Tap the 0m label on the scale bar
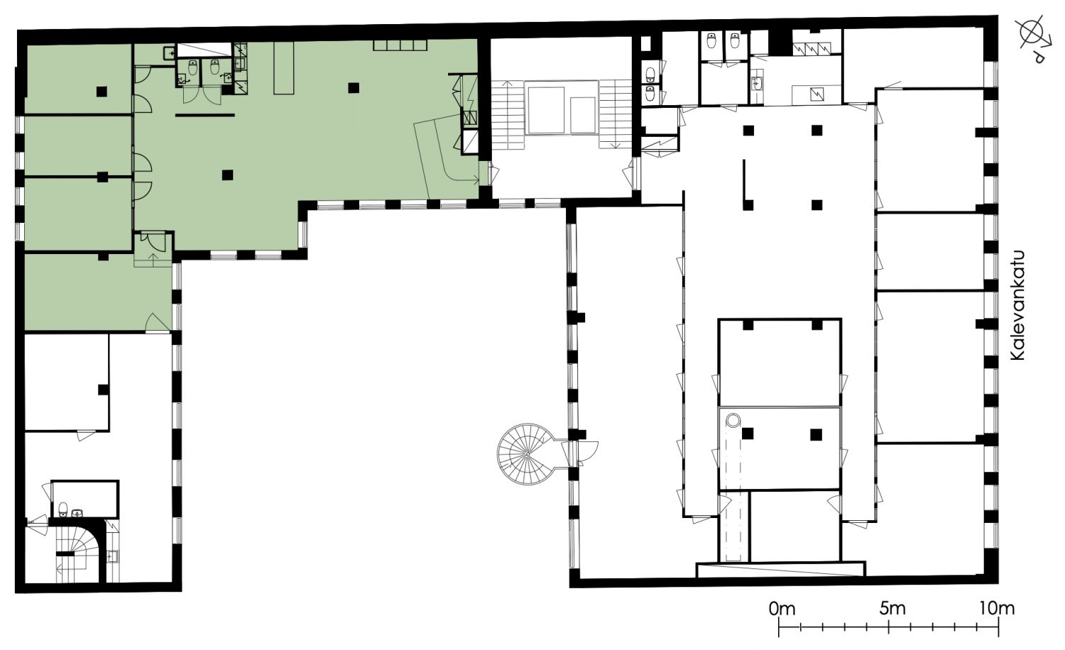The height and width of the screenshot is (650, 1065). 782,609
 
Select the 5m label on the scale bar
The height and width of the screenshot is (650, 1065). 892,609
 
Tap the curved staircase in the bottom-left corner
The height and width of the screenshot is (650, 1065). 78,553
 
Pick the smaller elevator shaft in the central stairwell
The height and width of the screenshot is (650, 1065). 583,115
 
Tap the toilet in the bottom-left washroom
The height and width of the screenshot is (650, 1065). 62,509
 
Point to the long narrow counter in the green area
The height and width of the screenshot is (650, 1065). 283,67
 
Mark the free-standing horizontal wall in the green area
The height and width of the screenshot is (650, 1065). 205,115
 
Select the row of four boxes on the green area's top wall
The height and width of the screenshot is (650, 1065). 400,45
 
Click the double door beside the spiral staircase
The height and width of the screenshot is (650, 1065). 580,453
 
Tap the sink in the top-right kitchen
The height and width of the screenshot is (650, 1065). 756,84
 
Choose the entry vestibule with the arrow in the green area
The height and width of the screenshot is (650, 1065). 153,249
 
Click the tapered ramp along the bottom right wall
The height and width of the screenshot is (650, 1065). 780,569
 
